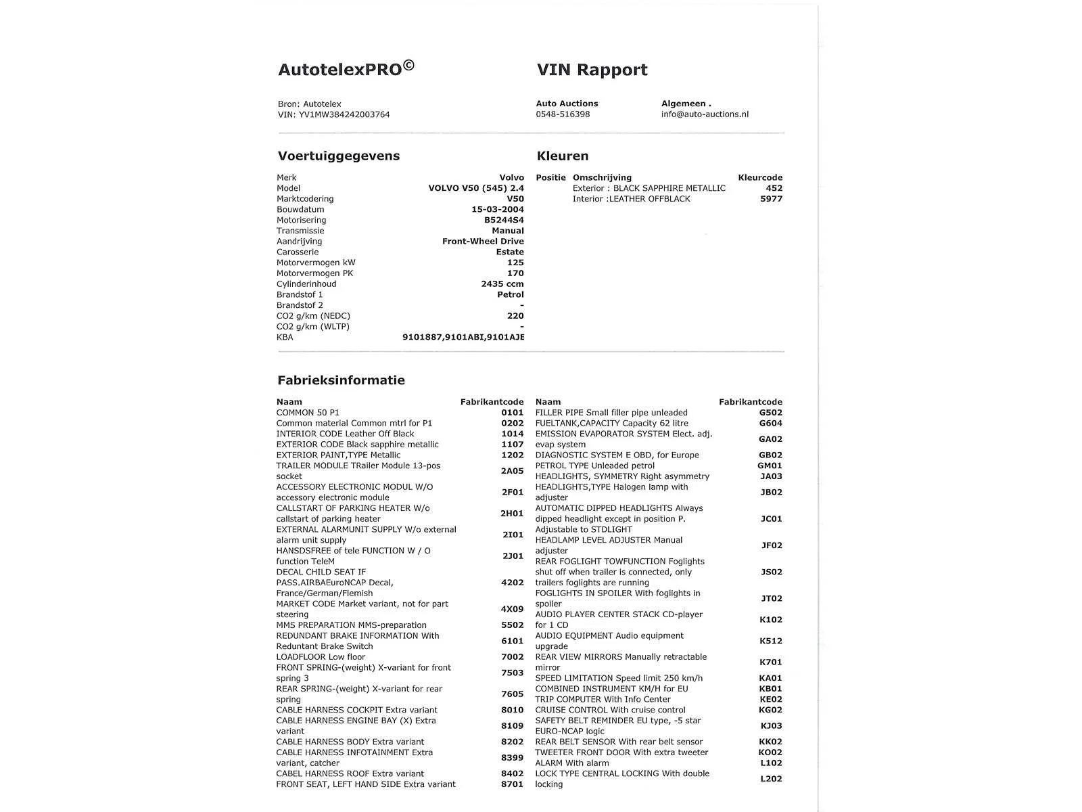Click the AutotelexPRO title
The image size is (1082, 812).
pos(346,69)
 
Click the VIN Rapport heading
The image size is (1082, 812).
pos(592,70)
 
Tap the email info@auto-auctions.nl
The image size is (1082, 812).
pos(705,114)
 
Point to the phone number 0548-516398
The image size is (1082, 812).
pos(563,114)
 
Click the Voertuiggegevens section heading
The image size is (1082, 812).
pos(338,156)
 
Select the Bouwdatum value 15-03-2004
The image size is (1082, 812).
pos(497,210)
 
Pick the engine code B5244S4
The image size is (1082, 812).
pos(503,220)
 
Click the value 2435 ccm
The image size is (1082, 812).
pos(502,284)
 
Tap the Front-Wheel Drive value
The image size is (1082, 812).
pos(483,242)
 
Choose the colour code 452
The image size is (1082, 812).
pos(774,188)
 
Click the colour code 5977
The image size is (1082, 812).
pos(771,199)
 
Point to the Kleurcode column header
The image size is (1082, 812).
pos(760,178)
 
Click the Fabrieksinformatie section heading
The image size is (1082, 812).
pos(341,380)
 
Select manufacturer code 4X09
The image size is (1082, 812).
pos(512,609)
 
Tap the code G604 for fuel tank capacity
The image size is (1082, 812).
pos(770,424)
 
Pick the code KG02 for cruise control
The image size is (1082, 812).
pos(770,710)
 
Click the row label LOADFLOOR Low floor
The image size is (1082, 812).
pos(320,657)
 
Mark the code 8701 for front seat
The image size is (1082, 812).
pos(512,784)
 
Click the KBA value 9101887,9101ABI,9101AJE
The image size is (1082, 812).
pos(463,337)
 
